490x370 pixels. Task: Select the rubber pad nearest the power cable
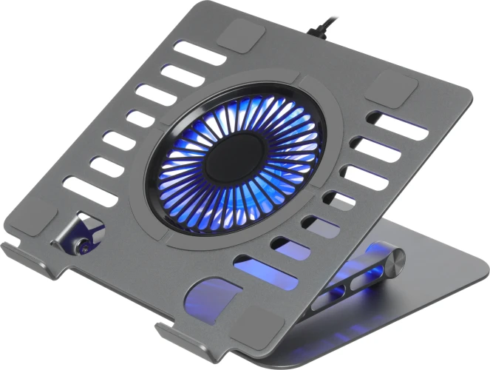tap(237, 34)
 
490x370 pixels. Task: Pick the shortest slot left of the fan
tap(141, 118)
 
